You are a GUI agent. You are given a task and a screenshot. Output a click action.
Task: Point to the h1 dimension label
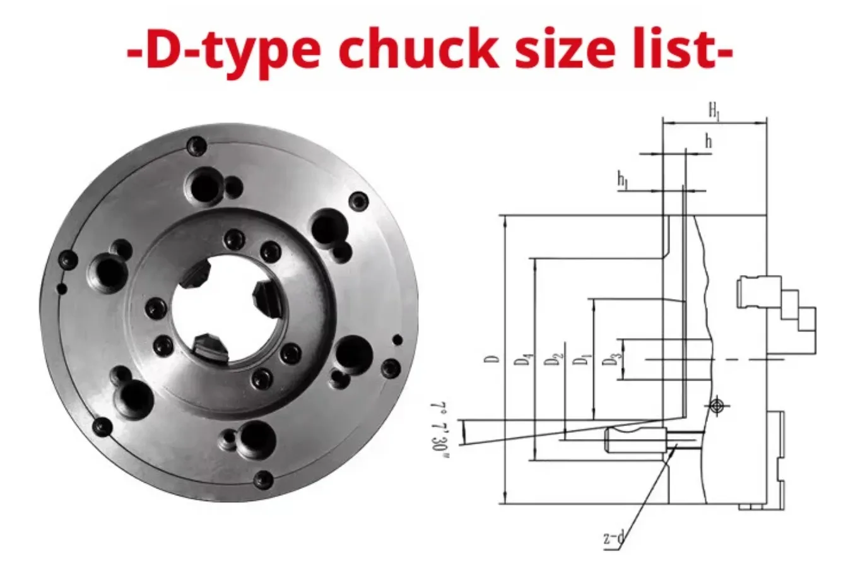tap(623, 180)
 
